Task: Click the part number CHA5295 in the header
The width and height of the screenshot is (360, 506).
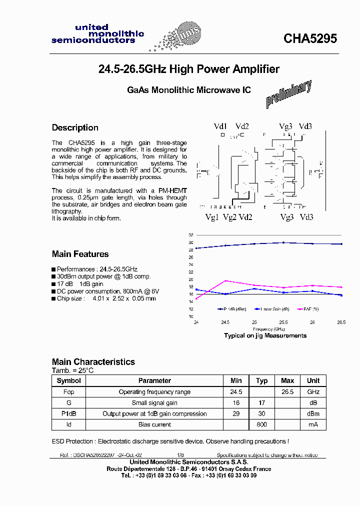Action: pos(310,38)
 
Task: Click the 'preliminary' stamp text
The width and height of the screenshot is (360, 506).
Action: pos(289,94)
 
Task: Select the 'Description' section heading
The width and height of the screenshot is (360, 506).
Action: pos(75,127)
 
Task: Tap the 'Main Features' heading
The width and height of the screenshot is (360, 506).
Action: pos(80,254)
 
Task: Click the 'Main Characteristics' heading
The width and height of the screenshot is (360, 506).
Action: pos(93,361)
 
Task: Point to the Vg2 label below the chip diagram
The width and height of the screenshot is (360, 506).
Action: pos(229,217)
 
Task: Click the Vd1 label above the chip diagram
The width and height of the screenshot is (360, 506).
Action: pos(220,126)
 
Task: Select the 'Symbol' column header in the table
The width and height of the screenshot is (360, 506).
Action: pos(68,380)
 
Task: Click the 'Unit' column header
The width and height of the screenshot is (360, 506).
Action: pos(313,380)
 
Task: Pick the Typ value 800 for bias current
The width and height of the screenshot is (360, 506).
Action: pos(261,424)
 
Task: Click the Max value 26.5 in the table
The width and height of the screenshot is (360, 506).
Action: pos(287,392)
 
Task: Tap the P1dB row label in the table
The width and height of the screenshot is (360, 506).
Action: pos(68,413)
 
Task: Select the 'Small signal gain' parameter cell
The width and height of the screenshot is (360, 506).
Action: pos(154,403)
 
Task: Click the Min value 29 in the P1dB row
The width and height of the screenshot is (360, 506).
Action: pos(236,413)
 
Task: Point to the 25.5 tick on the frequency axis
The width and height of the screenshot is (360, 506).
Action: pos(283,322)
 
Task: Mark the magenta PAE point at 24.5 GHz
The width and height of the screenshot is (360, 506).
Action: pos(225,280)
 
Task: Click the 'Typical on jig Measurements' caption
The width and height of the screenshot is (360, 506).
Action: pos(265,335)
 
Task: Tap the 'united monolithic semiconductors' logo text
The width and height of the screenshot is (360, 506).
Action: pos(97,34)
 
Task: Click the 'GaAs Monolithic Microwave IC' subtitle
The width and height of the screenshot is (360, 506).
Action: pos(188,90)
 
